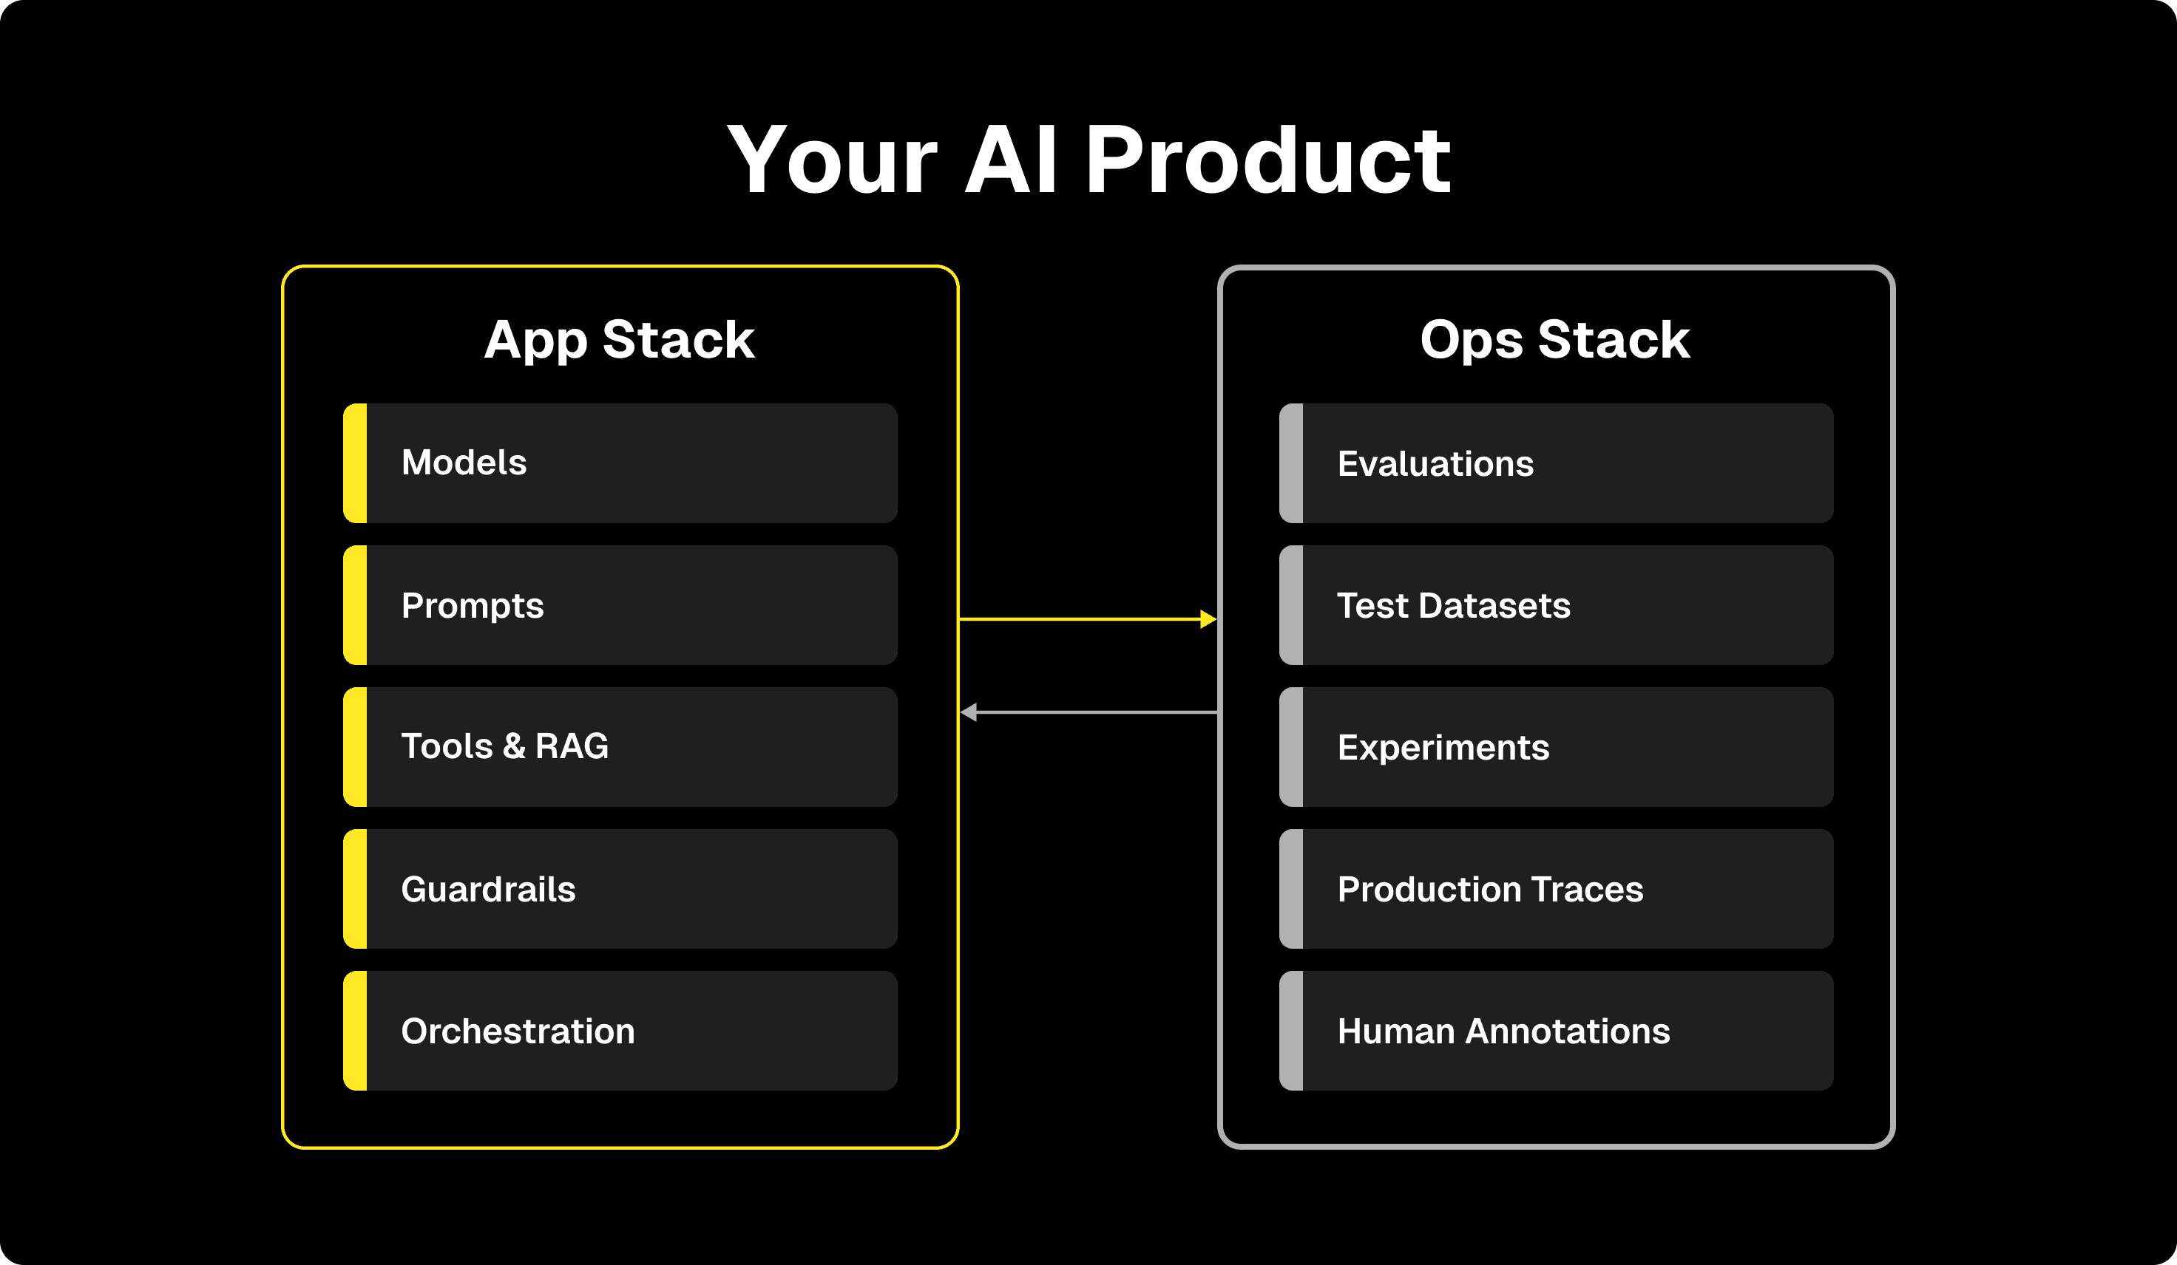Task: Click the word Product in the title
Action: [1267, 160]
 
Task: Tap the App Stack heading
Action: [620, 339]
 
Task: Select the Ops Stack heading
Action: [1555, 339]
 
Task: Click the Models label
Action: [464, 463]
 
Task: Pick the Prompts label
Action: [473, 606]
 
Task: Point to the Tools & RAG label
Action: [504, 747]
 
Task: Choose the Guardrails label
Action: [488, 890]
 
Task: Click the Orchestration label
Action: [518, 1031]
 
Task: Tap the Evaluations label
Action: [1435, 464]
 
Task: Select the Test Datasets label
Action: [1453, 606]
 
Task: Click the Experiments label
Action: [1443, 748]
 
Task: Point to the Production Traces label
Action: [1489, 890]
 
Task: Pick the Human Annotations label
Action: [1503, 1031]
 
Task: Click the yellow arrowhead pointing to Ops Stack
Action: [1208, 619]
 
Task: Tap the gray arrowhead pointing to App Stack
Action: [969, 712]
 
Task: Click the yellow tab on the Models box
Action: [355, 463]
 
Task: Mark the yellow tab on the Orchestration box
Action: [355, 1031]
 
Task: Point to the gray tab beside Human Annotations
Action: [1290, 1031]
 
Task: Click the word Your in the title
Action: [831, 160]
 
